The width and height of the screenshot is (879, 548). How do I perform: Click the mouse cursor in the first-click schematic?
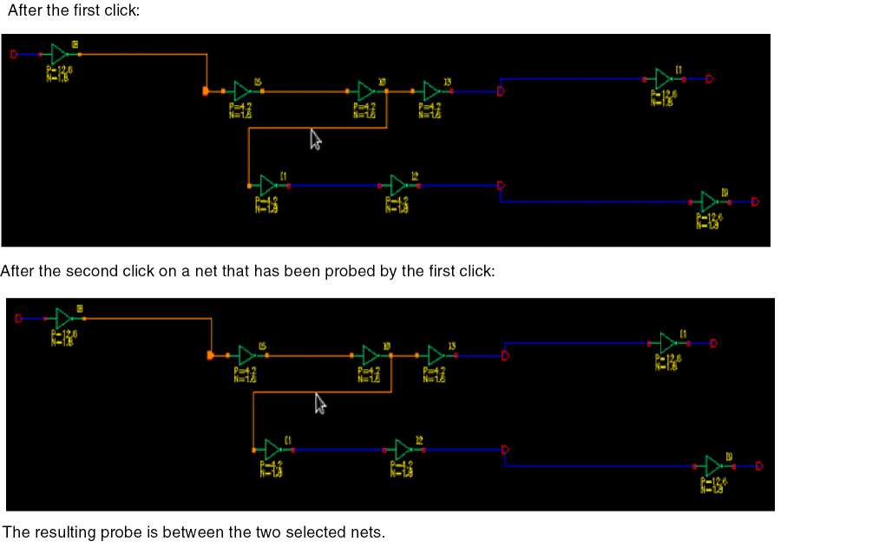316,139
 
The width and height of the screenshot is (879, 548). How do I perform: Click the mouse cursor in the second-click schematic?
320,403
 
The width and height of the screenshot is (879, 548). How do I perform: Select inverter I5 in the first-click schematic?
242,90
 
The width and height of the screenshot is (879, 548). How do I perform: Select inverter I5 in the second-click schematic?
246,355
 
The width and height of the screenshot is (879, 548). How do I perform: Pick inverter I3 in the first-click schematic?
431,90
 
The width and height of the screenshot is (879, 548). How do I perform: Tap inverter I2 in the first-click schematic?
399,185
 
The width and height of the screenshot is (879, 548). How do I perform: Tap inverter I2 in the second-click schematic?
403,449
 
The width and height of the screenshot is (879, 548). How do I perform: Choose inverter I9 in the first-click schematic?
709,201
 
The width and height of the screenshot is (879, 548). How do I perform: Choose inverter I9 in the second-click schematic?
713,466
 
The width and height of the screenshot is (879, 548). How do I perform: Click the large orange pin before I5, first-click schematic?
206,90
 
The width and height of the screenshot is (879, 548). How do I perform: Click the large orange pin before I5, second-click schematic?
211,355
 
